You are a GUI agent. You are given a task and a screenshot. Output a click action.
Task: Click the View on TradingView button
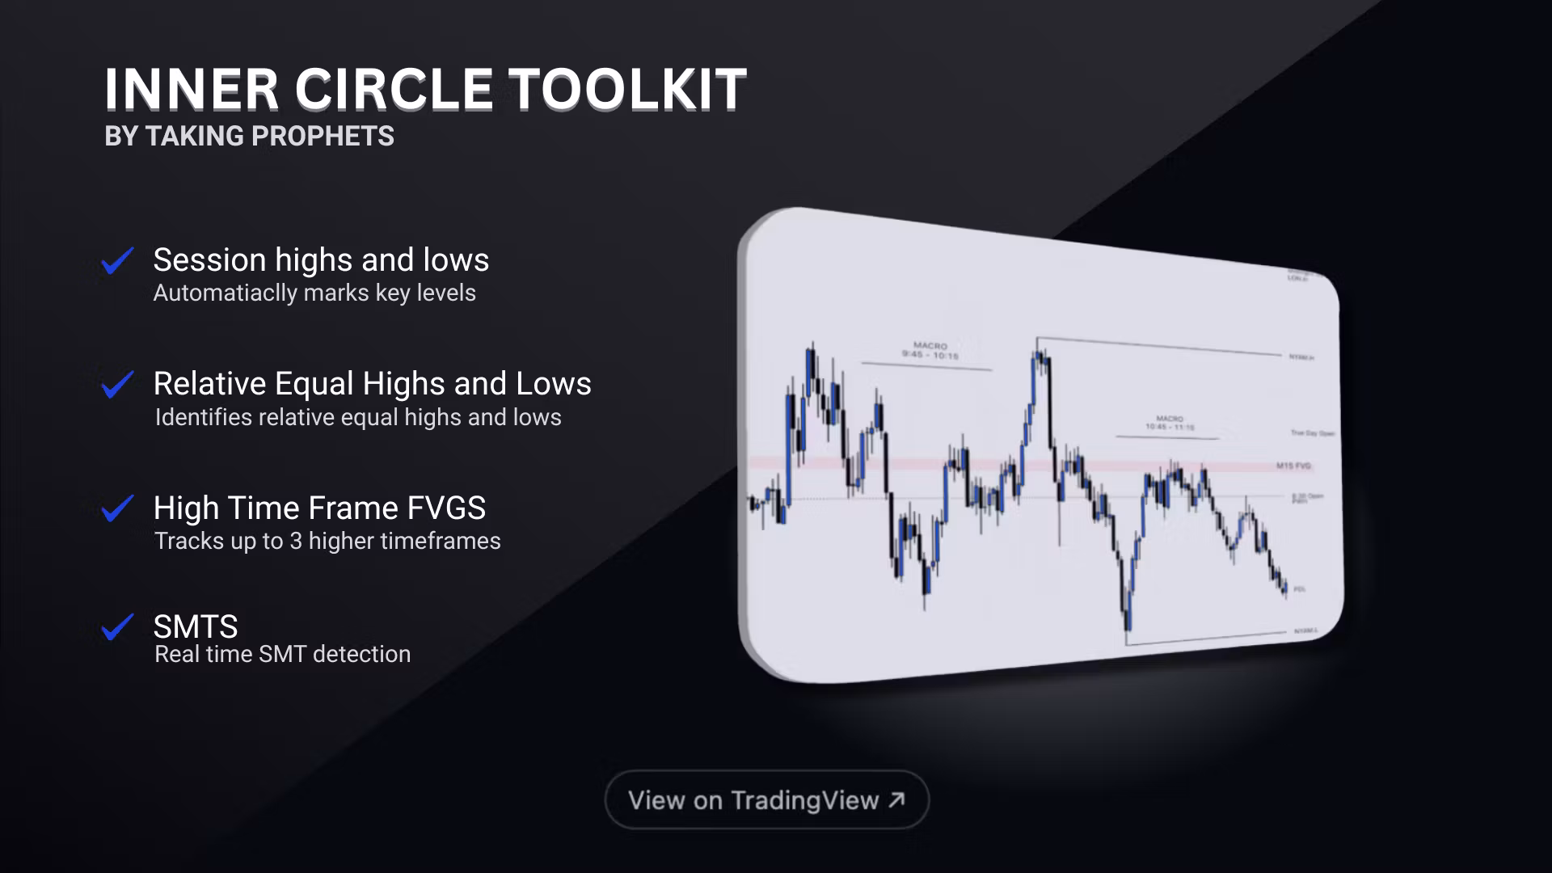pyautogui.click(x=766, y=800)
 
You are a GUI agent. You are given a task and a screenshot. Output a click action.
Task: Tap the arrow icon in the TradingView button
pyautogui.click(x=896, y=799)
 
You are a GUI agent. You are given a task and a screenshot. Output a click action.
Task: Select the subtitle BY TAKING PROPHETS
pyautogui.click(x=249, y=136)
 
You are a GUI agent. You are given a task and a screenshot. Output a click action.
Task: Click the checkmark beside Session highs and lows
pyautogui.click(x=117, y=261)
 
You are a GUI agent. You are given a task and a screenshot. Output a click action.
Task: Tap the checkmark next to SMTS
pyautogui.click(x=117, y=627)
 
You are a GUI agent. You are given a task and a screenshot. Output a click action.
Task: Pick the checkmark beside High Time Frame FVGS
pyautogui.click(x=117, y=508)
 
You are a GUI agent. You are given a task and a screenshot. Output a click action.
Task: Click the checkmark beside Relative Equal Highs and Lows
pyautogui.click(x=117, y=385)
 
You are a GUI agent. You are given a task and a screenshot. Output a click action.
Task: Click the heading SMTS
pyautogui.click(x=196, y=626)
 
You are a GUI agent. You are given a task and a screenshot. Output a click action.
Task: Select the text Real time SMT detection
pyautogui.click(x=282, y=654)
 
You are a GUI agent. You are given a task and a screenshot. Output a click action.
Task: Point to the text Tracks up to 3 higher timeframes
pyautogui.click(x=327, y=541)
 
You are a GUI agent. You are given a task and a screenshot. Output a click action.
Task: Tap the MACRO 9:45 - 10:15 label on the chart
pyautogui.click(x=930, y=351)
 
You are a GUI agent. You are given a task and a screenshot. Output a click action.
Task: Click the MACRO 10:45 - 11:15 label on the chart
pyautogui.click(x=1170, y=423)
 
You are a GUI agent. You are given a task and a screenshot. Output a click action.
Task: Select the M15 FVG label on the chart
pyautogui.click(x=1293, y=466)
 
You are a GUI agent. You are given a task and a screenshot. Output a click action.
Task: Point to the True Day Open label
pyautogui.click(x=1312, y=433)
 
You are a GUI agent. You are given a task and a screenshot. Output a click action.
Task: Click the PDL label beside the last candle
pyautogui.click(x=1300, y=589)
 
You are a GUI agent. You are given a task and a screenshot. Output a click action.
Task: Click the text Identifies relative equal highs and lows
pyautogui.click(x=358, y=417)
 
